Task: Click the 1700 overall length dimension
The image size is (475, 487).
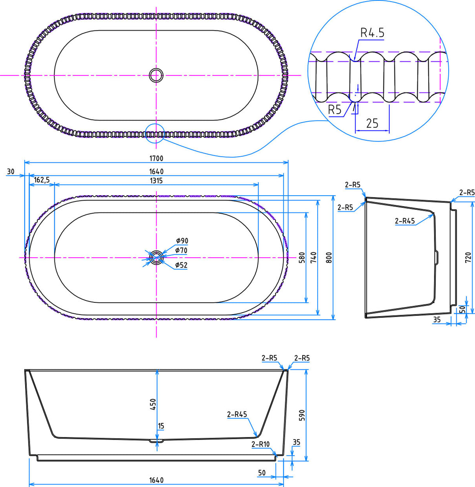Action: click(x=156, y=158)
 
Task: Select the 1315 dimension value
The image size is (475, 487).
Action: click(x=156, y=181)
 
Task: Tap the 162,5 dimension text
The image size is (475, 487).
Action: click(x=42, y=180)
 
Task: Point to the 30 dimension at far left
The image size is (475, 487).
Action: click(x=11, y=172)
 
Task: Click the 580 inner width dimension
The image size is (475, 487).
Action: click(x=301, y=258)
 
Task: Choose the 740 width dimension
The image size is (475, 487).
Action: click(x=313, y=258)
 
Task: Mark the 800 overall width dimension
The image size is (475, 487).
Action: click(x=329, y=258)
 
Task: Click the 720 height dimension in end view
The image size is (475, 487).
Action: click(x=467, y=256)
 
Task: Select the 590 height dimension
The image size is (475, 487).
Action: click(x=302, y=415)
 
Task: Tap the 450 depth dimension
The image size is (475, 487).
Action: click(x=153, y=404)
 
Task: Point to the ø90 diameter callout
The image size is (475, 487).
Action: click(x=182, y=241)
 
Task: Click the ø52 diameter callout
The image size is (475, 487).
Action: click(x=181, y=265)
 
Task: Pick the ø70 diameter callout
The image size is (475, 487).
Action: click(x=181, y=251)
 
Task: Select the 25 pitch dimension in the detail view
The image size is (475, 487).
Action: click(x=372, y=123)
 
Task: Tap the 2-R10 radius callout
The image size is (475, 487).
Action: click(x=260, y=444)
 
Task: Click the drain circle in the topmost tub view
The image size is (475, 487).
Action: click(x=156, y=75)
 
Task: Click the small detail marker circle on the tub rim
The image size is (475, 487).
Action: click(x=155, y=133)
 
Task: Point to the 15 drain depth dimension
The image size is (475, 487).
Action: click(x=161, y=426)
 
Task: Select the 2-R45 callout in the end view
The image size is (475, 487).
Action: click(x=405, y=221)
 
